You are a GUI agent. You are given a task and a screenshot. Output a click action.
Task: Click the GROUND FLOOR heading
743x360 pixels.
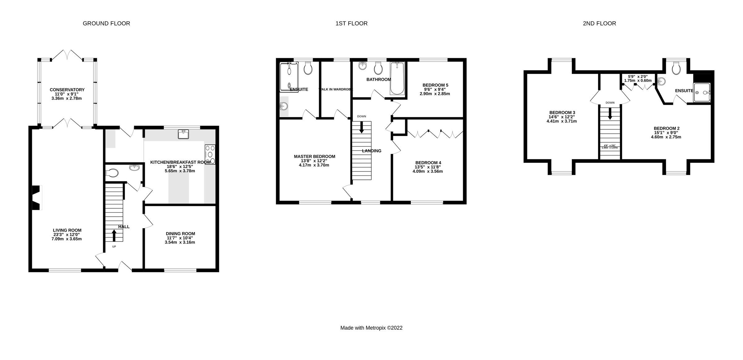tap(106, 24)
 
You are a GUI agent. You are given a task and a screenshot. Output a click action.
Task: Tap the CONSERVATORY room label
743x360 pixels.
tap(67, 90)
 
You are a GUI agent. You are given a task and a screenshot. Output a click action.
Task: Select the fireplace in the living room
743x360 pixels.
tap(37, 198)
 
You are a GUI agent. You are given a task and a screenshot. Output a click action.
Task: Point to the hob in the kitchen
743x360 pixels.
tap(210, 154)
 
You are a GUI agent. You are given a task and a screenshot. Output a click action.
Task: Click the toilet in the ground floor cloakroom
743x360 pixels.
tap(112, 173)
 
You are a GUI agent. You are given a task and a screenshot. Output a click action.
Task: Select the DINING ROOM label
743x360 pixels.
tap(180, 234)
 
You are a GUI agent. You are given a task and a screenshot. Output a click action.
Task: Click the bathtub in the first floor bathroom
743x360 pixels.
tap(397, 79)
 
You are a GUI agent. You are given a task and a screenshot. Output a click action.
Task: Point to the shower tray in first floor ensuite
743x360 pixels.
tap(289, 77)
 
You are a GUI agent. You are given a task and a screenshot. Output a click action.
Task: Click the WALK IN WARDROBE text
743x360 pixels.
tap(336, 89)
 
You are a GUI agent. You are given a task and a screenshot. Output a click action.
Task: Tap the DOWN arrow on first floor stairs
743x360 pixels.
tap(361, 127)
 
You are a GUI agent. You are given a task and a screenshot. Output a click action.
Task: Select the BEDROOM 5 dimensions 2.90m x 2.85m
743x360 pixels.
tap(435, 94)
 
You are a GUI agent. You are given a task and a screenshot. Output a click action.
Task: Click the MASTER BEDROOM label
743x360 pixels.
tap(314, 157)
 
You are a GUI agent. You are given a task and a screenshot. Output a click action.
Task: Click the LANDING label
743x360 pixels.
tap(371, 151)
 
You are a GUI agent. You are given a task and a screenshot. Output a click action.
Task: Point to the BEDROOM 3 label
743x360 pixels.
tap(562, 112)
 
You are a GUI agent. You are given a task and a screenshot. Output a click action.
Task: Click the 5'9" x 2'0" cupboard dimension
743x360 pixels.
tap(637, 76)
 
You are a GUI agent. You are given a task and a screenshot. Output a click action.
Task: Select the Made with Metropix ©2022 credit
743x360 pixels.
tap(371, 328)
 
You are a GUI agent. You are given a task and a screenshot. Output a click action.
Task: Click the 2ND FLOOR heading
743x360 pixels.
tap(599, 24)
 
